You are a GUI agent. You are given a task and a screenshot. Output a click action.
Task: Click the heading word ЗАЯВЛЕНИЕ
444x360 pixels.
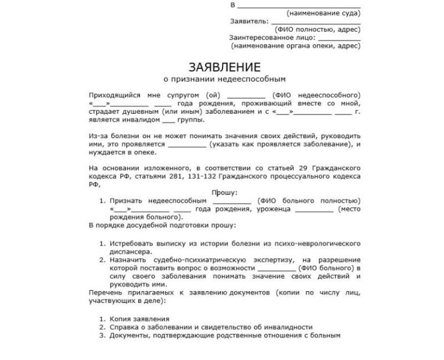click(x=224, y=67)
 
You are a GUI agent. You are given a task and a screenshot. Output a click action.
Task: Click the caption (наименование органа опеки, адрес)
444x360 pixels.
click(x=295, y=45)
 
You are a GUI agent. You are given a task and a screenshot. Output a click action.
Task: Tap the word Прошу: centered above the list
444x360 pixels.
click(x=225, y=193)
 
